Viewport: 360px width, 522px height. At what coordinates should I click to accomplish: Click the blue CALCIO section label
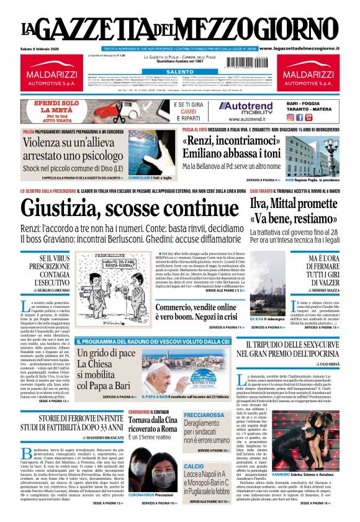(x=194, y=466)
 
